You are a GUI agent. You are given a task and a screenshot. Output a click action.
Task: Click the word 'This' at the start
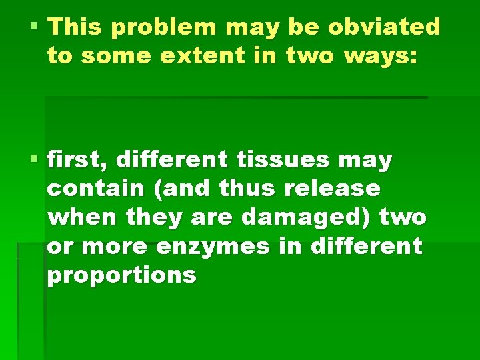click(75, 27)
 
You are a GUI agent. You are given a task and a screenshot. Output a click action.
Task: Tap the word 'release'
click(332, 189)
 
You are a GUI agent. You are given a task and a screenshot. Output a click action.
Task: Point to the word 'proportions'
click(121, 275)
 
